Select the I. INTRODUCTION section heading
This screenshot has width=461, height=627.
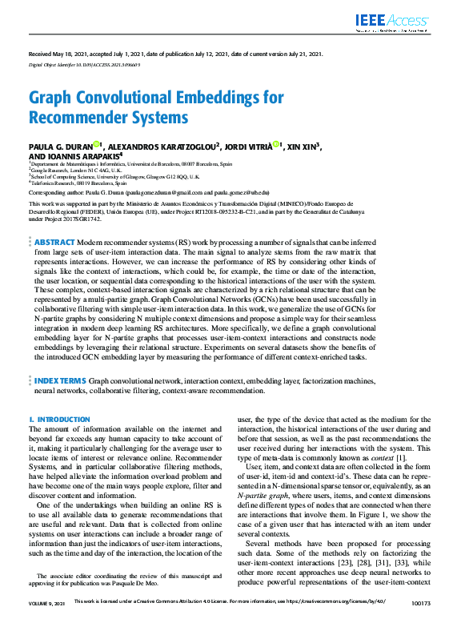click(59, 420)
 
